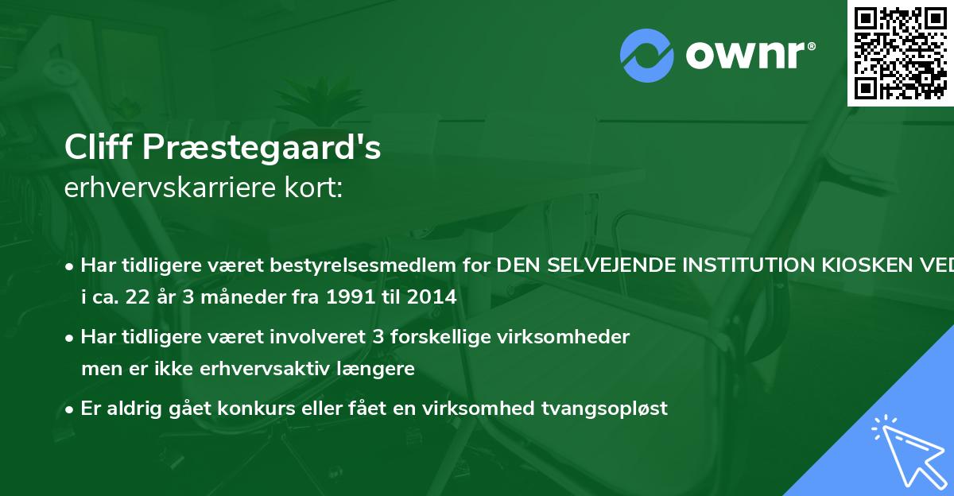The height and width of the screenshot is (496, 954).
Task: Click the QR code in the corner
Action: [900, 53]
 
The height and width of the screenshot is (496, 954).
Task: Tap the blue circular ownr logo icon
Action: [646, 56]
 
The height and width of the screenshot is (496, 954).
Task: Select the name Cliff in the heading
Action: [96, 148]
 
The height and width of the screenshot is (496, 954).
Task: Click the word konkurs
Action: [231, 409]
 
